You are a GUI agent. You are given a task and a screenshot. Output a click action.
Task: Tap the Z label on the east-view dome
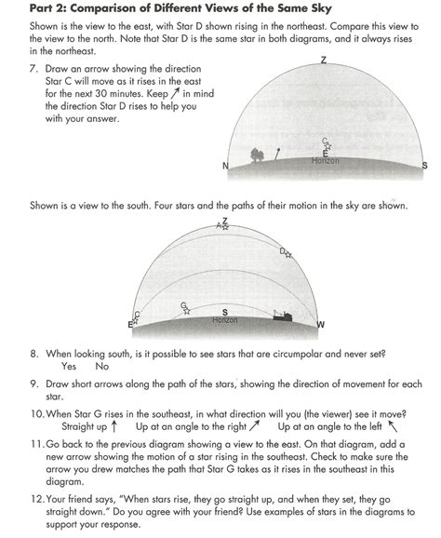[x=323, y=61]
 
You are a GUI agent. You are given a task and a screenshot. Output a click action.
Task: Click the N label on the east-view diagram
[x=226, y=166]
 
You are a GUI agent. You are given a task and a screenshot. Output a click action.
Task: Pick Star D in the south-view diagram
[x=287, y=252]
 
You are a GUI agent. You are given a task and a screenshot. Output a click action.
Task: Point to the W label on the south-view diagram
[x=321, y=324]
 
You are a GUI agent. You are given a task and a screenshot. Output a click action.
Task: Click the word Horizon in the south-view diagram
[x=225, y=320]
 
